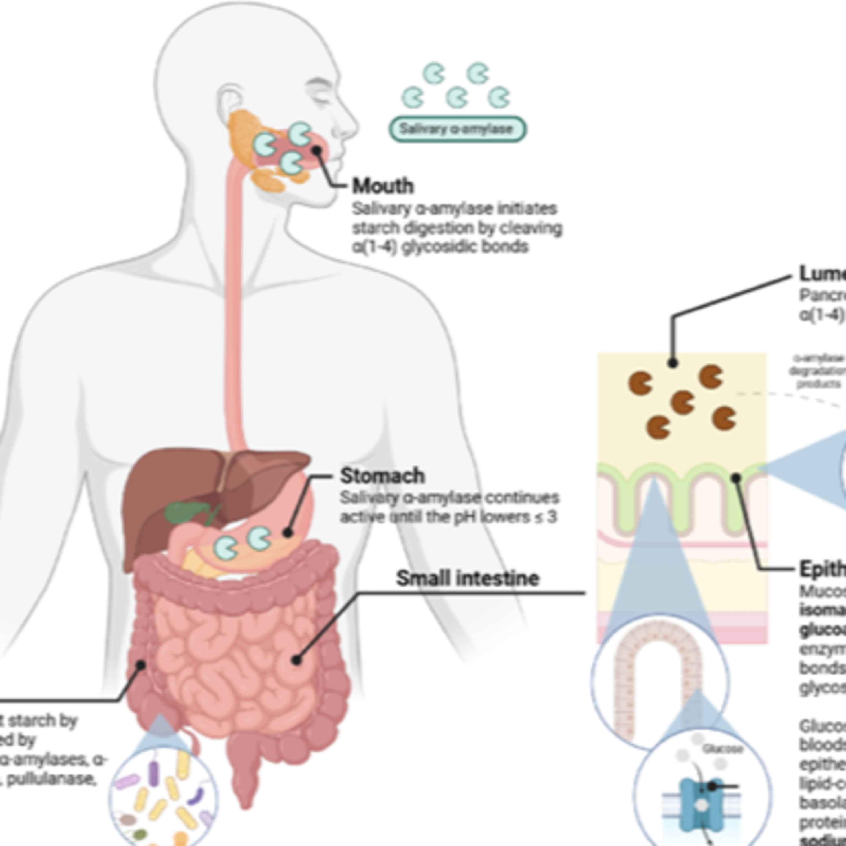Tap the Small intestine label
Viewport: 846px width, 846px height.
(x=467, y=578)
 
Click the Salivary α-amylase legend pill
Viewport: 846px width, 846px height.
(x=457, y=129)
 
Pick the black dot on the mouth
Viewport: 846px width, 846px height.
(x=316, y=150)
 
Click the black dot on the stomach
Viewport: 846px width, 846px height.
(x=287, y=532)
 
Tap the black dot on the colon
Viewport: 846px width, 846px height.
(x=140, y=666)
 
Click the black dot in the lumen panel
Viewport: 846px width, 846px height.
(x=673, y=363)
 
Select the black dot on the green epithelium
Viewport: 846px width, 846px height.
(x=736, y=477)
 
